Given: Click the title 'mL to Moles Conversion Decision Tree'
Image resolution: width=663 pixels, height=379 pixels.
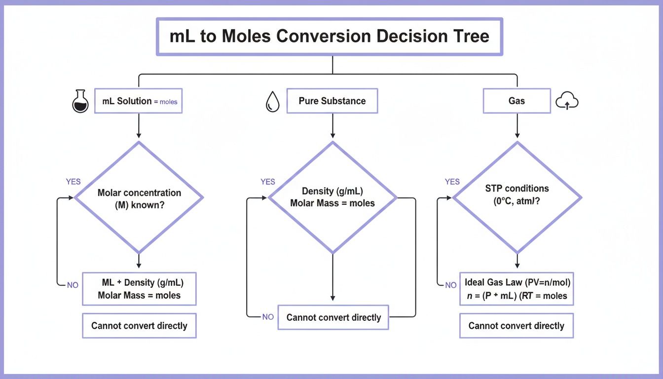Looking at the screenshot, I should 329,37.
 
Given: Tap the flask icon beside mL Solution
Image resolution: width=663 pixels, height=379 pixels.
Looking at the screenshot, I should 80,101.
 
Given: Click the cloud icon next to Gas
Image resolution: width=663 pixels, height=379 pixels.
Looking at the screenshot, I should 567,102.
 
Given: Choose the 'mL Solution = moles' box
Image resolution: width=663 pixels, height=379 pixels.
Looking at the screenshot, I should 139,101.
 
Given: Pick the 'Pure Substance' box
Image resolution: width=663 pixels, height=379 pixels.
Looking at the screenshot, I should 332,101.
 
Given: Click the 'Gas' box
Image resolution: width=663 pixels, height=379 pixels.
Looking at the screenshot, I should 516,101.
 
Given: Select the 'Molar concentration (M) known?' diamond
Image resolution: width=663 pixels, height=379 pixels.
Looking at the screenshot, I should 139,198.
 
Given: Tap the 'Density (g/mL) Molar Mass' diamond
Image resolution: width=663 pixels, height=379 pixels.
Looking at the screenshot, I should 332,198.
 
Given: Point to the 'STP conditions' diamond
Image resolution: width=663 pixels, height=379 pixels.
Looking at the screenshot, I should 517,198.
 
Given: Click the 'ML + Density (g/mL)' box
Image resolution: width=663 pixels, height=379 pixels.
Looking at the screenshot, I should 139,289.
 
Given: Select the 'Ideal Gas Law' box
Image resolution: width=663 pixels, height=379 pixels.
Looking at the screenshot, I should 516,289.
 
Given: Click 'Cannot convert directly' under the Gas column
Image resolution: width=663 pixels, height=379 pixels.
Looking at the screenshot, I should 516,326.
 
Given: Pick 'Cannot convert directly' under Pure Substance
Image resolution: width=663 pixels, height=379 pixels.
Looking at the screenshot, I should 333,317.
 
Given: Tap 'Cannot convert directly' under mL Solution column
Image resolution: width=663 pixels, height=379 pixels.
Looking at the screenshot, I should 139,326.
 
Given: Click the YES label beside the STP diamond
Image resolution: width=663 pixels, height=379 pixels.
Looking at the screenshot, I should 452,182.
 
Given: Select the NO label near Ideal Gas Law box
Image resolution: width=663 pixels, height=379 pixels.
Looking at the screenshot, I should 451,285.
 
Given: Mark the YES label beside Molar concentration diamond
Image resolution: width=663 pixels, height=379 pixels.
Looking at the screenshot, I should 73,182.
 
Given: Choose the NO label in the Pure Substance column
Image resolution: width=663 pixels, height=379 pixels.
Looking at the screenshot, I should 268,317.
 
